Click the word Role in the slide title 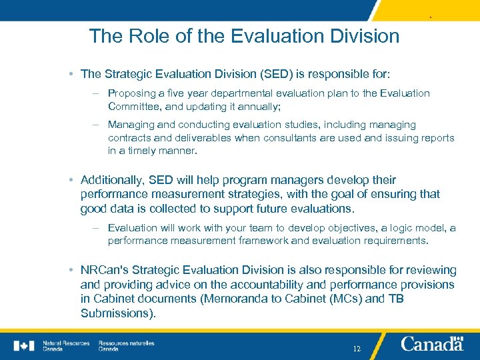138,35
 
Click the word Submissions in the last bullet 117,313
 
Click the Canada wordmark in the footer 432,344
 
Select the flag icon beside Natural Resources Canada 23,345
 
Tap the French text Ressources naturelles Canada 126,346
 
